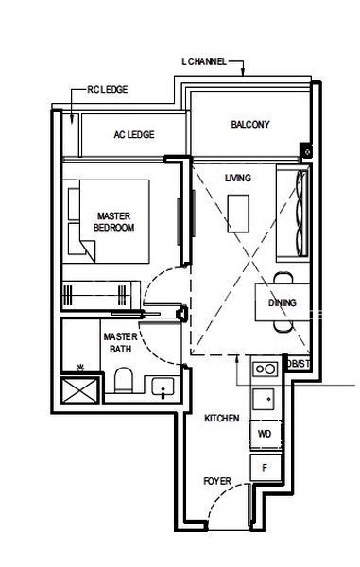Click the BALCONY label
250,125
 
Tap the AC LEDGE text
134,134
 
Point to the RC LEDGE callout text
108,90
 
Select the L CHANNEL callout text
204,61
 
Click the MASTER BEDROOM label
113,222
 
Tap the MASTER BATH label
120,343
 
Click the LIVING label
238,178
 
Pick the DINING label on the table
282,302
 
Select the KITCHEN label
221,419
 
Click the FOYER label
217,481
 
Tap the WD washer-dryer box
266,434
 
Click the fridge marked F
266,467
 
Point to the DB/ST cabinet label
299,364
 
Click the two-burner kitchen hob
266,369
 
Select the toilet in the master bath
123,380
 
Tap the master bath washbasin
163,387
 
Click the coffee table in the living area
238,214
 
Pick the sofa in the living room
293,213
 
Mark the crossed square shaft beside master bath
80,390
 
